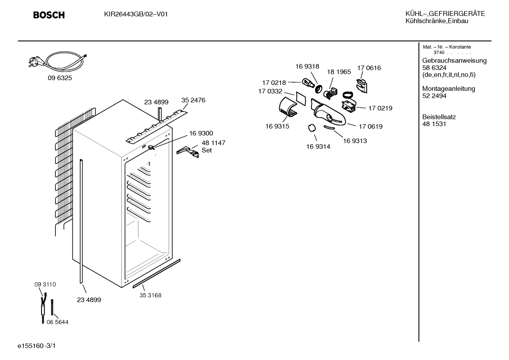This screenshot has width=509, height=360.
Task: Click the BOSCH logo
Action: pos(49,15)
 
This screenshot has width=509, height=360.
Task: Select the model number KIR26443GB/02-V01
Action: pos(136,14)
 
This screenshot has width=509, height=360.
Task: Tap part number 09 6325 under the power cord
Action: pos(60,78)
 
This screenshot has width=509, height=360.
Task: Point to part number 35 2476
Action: pos(193,100)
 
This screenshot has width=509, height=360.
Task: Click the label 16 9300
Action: pos(201,133)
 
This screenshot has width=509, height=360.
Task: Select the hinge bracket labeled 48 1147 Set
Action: pos(188,152)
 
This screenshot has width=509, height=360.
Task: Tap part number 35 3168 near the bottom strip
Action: pos(150,295)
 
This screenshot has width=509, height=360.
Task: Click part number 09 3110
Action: pos(45,284)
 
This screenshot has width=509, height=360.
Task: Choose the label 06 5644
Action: pos(58,322)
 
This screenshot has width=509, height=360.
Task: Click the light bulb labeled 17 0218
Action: pos(309,83)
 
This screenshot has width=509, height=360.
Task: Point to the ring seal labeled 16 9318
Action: pos(319,88)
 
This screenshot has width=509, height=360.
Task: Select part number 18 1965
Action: pos(339,72)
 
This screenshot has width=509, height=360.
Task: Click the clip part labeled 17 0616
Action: pos(362,86)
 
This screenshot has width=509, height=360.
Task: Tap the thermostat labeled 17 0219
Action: pos(349,106)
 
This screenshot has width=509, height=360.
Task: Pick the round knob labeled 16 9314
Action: pos(312,128)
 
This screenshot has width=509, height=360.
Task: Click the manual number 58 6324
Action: pos(434,68)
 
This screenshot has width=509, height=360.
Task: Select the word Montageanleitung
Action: pos(449,89)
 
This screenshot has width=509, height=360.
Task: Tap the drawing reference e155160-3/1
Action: pos(36,346)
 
